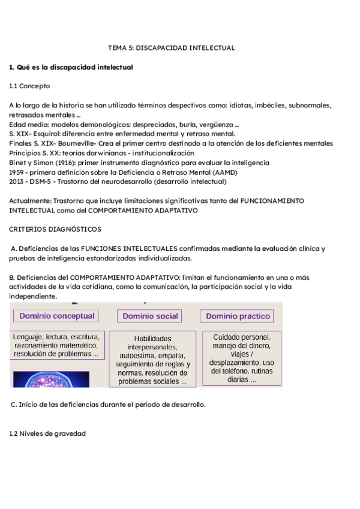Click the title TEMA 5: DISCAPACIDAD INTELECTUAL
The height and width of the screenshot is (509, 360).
pos(171,47)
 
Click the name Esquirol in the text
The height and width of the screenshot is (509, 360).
pos(46,134)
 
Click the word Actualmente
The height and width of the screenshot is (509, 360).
pos(31,201)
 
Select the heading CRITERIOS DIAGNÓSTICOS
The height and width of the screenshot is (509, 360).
pos(55,229)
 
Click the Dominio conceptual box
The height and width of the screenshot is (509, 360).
pos(57,316)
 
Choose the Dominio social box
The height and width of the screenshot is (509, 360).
pos(150,316)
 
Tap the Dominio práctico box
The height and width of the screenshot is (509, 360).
pos(238,316)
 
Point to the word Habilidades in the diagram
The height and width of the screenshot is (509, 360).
pos(152,339)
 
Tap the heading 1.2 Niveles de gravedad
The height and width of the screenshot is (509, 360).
pos(48,433)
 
